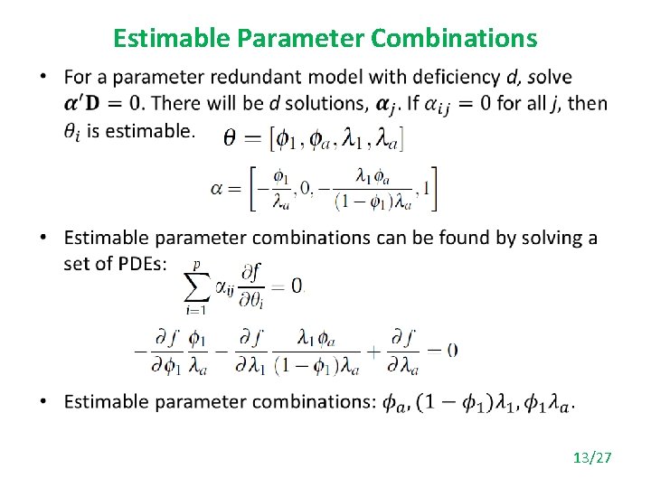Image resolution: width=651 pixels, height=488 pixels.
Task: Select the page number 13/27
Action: pyautogui.click(x=592, y=458)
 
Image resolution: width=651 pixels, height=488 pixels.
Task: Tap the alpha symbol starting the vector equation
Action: pyautogui.click(x=216, y=189)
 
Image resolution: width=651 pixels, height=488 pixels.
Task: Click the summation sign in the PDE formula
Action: pyautogui.click(x=196, y=287)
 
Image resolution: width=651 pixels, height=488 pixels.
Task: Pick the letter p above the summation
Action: pyautogui.click(x=197, y=265)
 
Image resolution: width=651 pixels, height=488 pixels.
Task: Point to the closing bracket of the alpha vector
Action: pyautogui.click(x=435, y=189)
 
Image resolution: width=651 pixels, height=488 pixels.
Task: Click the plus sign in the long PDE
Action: pyautogui.click(x=374, y=350)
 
